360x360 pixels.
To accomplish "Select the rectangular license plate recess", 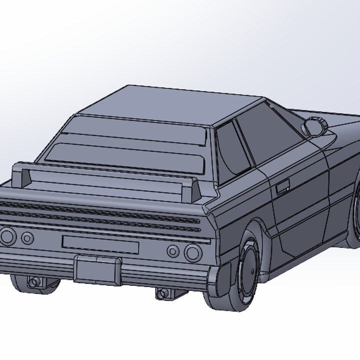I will click(x=100, y=244).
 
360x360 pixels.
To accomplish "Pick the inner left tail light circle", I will click(x=27, y=237).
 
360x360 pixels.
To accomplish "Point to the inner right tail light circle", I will click(x=173, y=250).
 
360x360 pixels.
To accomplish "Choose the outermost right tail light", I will click(x=192, y=252).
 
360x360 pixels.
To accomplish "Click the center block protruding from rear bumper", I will click(x=97, y=269).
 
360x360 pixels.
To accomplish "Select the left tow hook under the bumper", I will click(x=34, y=282).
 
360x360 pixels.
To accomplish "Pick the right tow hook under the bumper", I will click(x=164, y=293).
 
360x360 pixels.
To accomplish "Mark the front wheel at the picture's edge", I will click(x=355, y=210).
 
